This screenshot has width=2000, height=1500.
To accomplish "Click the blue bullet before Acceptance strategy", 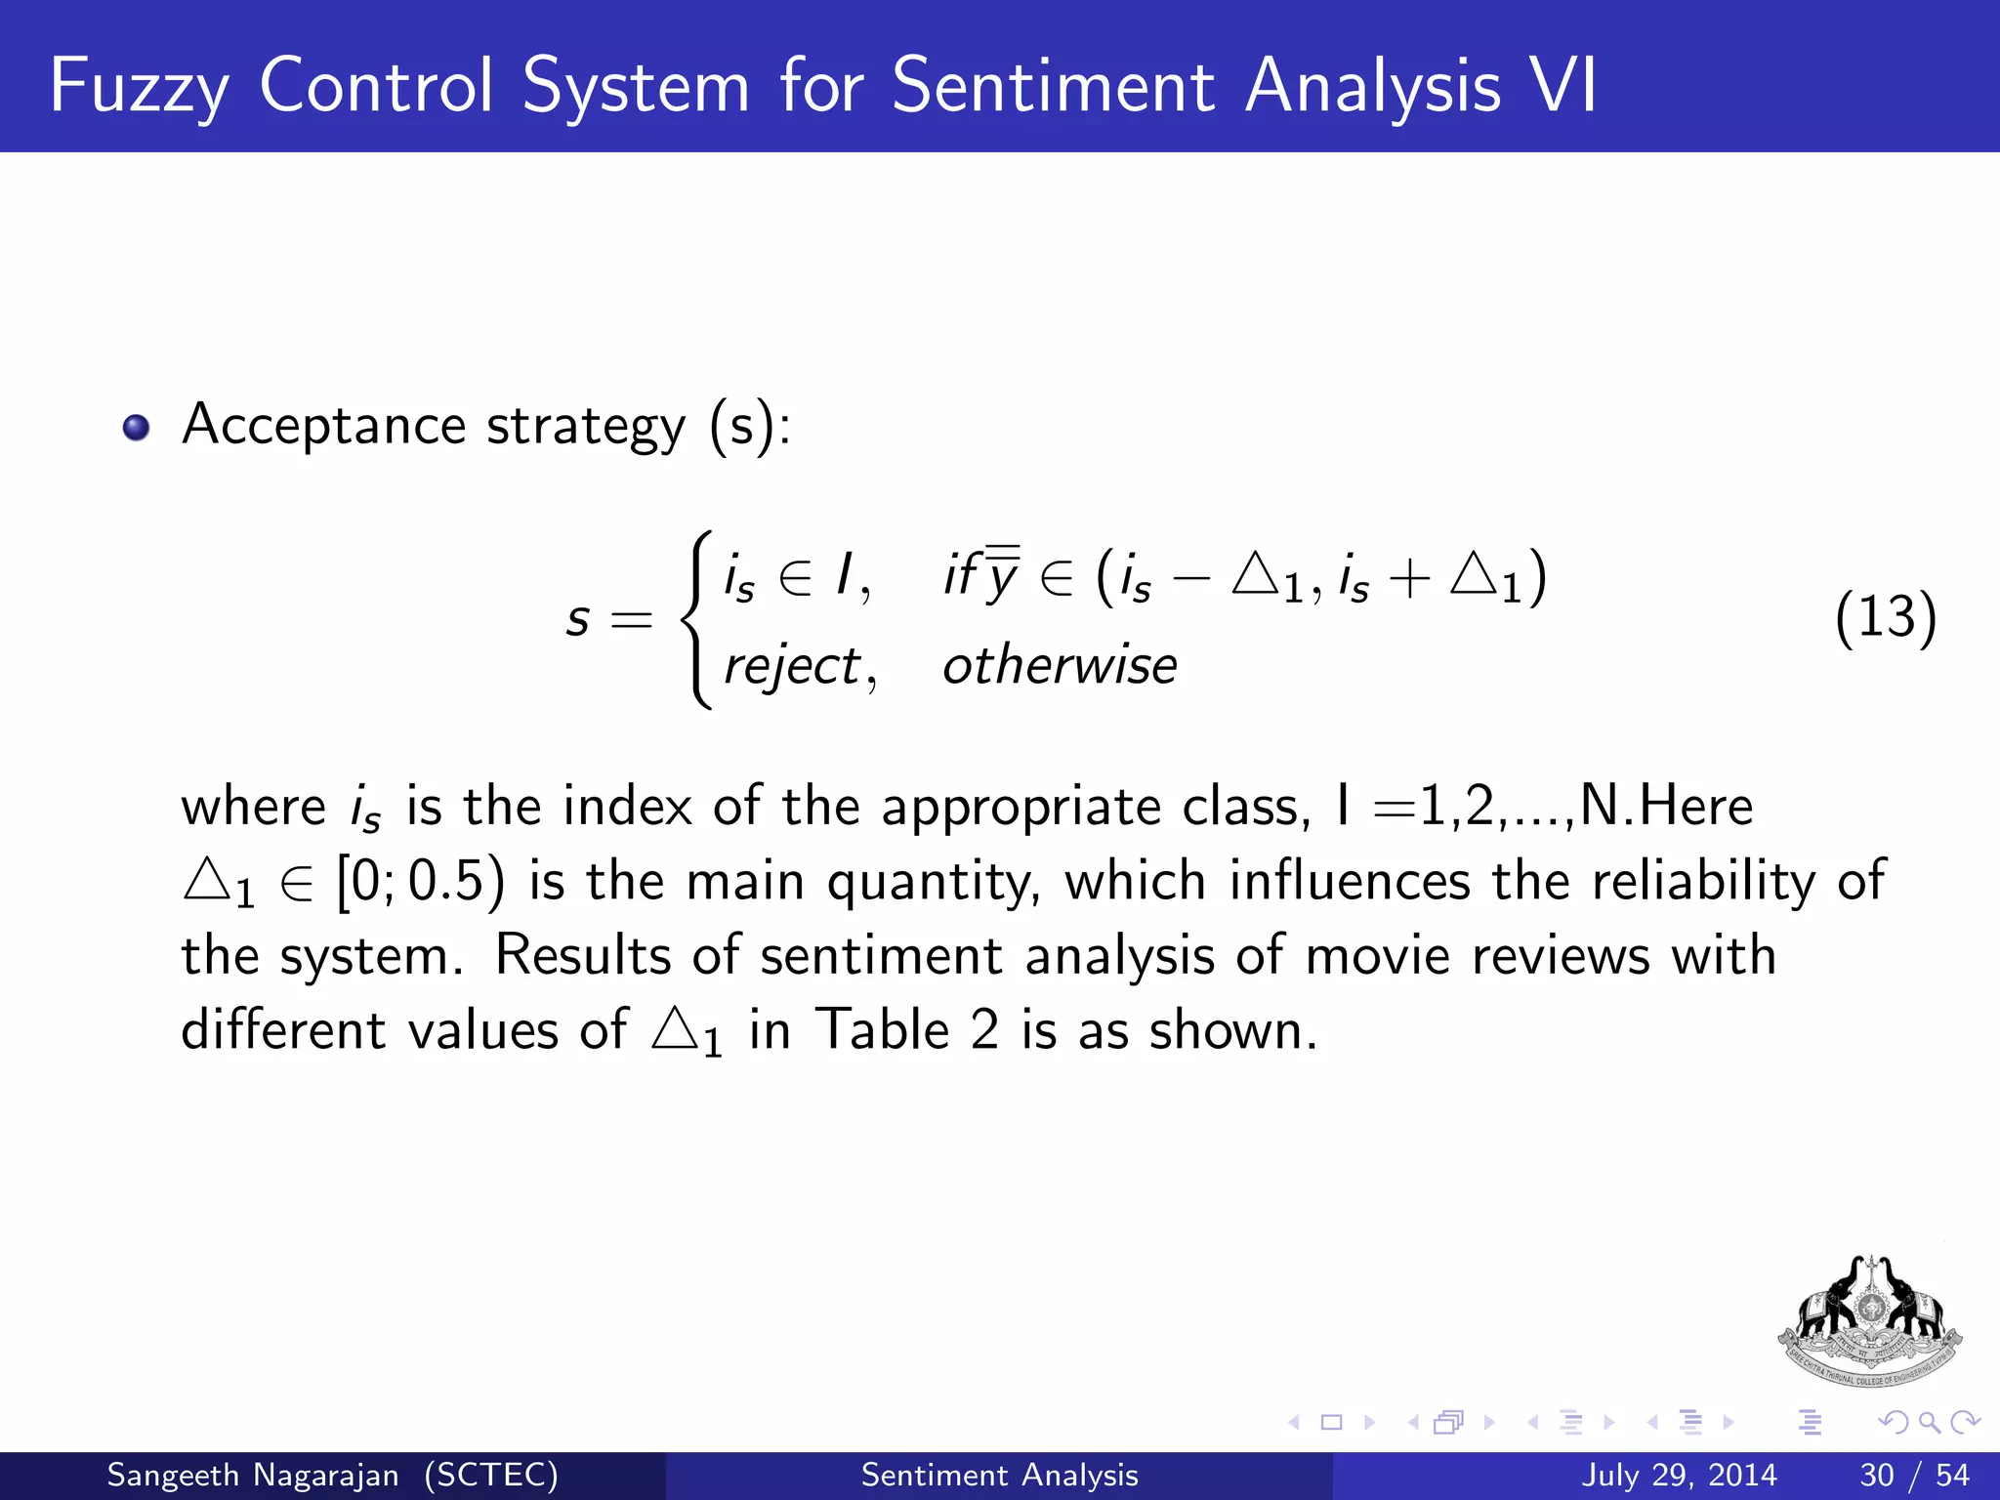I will pos(136,428).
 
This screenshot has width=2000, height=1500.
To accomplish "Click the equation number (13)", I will pos(1885,617).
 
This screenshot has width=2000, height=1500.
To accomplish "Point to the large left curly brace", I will pos(697,619).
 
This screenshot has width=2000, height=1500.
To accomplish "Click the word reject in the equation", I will pos(792,667).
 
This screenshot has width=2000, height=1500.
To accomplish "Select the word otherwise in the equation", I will pos(1060,666).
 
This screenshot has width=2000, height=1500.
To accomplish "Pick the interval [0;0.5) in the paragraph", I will pos(421,882).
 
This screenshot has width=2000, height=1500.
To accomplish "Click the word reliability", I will pos(1703,881).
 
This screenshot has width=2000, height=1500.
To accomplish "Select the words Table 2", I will pos(907,1030).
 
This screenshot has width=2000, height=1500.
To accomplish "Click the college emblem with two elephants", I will pos(1869,1321).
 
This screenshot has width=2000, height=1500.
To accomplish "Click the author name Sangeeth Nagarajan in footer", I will pos(253,1475).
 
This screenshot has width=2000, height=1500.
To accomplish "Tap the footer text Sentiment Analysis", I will pos(999,1475).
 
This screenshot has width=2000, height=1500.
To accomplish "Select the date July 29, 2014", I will pos(1679,1475).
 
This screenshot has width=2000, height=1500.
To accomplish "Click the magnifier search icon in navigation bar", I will pos(1929,1423).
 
